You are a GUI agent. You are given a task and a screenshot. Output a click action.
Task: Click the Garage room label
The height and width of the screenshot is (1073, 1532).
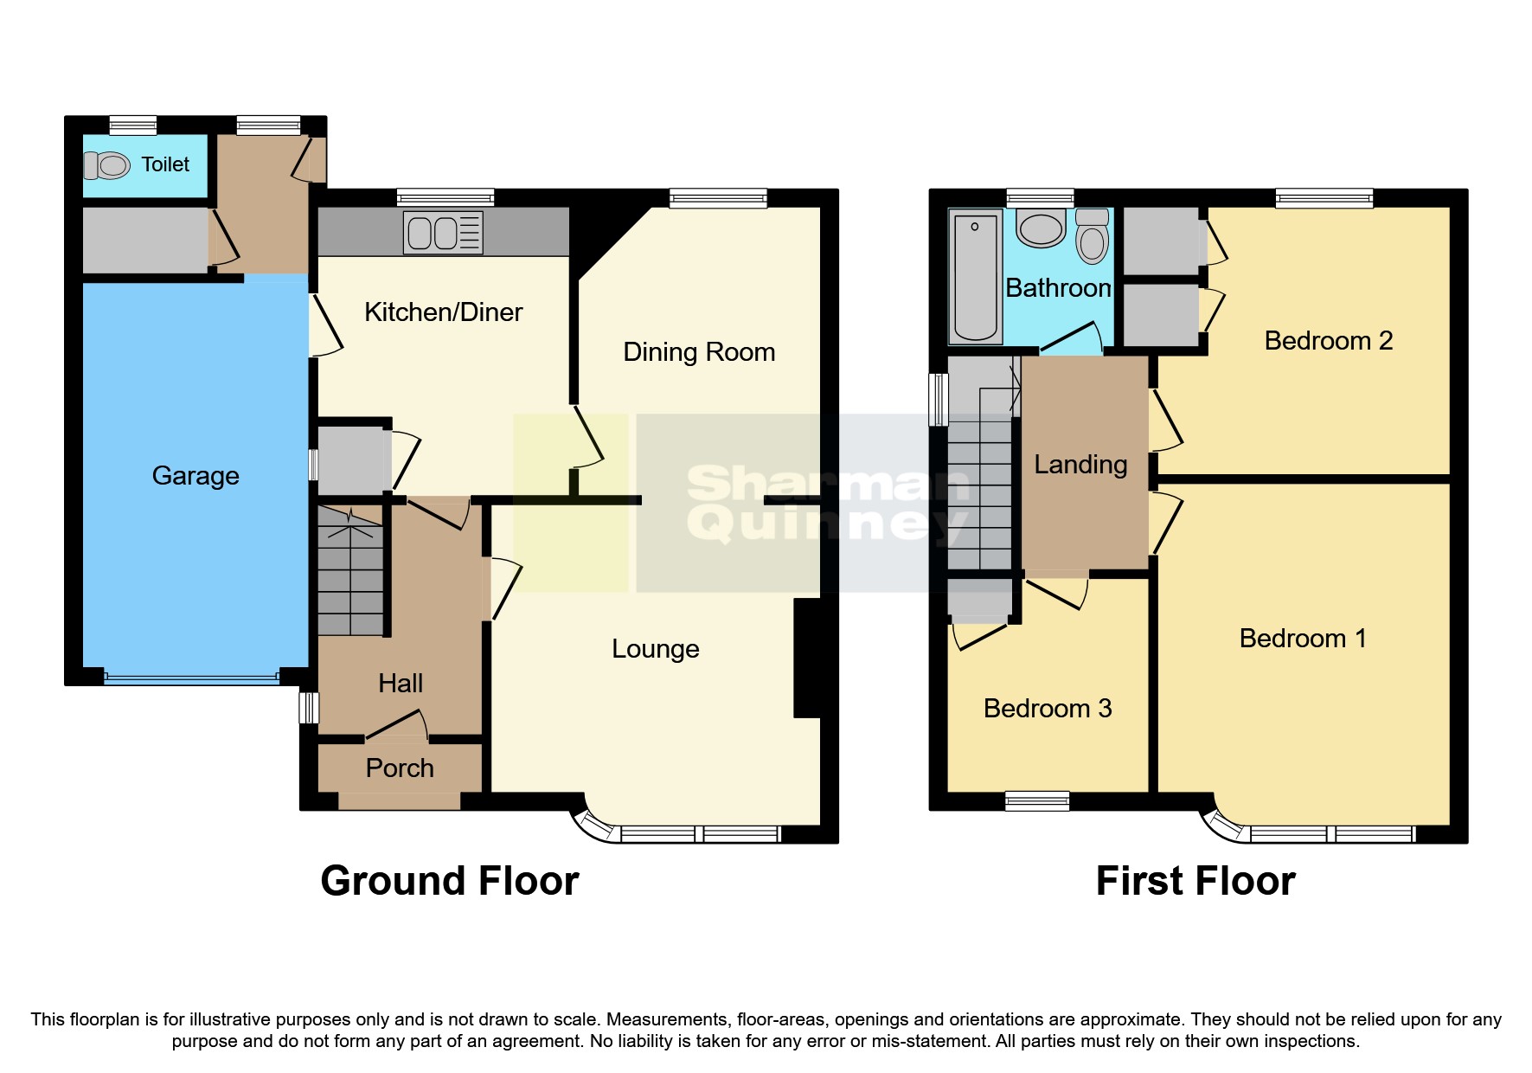(196, 476)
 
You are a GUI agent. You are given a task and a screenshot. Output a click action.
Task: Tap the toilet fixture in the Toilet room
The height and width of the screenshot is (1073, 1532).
(107, 164)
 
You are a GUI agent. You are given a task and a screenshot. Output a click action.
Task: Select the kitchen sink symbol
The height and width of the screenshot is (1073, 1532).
(442, 233)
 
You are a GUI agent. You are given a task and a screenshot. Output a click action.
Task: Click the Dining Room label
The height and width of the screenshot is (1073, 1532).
(699, 352)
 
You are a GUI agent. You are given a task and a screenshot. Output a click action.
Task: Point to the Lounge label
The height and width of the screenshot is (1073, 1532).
(655, 649)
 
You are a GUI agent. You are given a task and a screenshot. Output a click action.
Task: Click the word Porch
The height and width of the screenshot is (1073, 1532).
(400, 768)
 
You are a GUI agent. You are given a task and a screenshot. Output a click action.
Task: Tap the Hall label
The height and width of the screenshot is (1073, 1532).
(401, 684)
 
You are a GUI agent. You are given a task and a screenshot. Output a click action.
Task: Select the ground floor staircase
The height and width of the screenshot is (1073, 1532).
(349, 571)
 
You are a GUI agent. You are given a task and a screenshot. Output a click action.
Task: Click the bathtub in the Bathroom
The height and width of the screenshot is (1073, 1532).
(975, 277)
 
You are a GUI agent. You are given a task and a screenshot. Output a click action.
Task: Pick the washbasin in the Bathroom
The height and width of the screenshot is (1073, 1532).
(1041, 229)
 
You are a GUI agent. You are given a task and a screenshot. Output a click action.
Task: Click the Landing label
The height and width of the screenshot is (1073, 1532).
(1080, 465)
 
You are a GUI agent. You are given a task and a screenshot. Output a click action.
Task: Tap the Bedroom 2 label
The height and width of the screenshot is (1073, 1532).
(1328, 341)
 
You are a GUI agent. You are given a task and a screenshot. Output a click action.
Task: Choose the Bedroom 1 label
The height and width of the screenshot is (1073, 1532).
(1302, 639)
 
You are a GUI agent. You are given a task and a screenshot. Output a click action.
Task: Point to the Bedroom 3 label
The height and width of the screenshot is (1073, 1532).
(1047, 709)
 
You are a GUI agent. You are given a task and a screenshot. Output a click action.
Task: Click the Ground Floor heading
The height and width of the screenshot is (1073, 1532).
(449, 881)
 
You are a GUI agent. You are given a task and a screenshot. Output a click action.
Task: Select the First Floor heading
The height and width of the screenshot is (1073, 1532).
(1195, 881)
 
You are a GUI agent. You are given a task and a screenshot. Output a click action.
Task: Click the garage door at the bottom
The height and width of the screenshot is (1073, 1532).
(191, 678)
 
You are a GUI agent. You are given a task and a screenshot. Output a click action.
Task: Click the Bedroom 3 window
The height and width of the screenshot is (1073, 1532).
(1037, 801)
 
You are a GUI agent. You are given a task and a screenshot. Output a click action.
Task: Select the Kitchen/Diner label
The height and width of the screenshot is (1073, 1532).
(443, 312)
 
